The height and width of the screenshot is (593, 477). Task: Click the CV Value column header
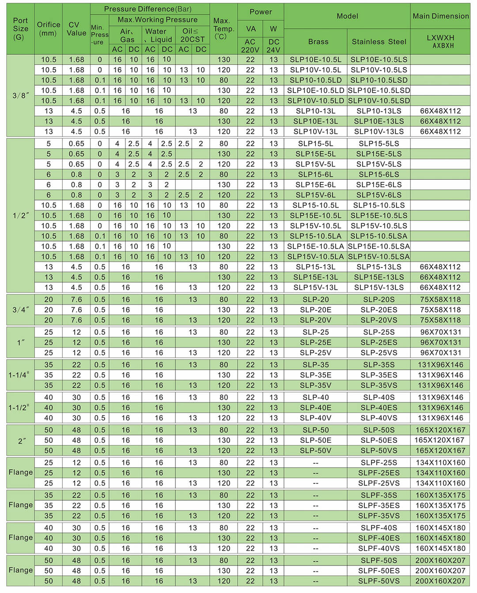76,29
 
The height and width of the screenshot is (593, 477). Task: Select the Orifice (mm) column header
49,29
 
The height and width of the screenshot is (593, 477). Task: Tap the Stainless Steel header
379,42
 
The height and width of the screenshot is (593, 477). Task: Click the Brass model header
318,42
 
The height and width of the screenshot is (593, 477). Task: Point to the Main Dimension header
440,16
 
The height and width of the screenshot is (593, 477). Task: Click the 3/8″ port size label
20,95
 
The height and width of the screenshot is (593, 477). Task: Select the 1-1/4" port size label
19,375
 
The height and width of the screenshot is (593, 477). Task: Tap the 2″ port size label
21,440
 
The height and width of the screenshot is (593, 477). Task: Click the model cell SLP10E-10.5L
315,60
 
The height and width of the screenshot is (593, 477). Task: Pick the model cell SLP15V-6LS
379,195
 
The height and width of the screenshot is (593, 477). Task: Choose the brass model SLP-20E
315,310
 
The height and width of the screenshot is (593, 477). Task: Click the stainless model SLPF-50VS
379,581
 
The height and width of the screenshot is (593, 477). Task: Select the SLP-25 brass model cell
315,332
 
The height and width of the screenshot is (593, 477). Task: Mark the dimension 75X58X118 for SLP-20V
440,320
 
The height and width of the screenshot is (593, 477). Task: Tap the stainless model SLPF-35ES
379,506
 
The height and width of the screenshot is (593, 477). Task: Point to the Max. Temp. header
223,29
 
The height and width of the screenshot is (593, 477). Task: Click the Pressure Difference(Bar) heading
150,9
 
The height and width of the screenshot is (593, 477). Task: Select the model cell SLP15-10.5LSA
379,236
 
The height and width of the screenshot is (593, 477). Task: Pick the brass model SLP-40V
315,418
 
